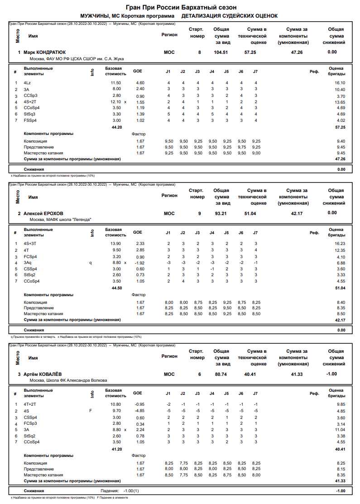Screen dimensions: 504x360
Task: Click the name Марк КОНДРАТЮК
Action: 45,53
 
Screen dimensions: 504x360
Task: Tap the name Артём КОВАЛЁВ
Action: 43,374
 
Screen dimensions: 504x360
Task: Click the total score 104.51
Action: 221,53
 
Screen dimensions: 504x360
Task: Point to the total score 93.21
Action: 221,213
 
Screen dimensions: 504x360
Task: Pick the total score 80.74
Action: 221,374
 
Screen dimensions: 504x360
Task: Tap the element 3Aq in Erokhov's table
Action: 28,263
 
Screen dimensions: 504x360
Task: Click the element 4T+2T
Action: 30,404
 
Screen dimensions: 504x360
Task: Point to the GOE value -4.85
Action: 139,411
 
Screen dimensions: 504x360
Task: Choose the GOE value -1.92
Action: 139,263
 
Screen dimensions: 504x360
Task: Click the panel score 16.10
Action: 340,83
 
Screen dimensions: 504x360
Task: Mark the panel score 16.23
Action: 340,244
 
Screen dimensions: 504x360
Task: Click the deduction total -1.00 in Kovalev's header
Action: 332,374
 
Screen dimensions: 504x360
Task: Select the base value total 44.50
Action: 117,288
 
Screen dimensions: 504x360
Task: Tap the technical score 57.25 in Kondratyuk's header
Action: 250,53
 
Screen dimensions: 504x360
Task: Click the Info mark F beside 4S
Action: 91,411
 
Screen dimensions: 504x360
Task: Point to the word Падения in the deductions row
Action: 108,491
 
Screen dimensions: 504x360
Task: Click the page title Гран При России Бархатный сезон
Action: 180,8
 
